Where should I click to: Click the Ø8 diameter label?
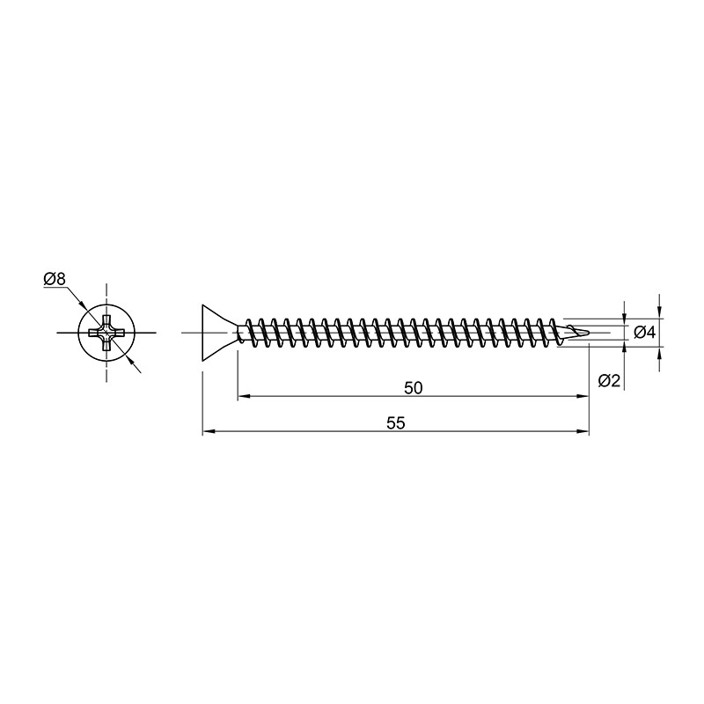[55, 279]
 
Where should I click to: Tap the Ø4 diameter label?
[645, 333]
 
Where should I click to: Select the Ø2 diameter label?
[609, 381]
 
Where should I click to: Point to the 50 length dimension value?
[413, 388]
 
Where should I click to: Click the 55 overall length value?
[395, 423]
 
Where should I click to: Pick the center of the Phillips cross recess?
[106, 333]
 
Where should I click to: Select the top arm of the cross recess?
[106, 321]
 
